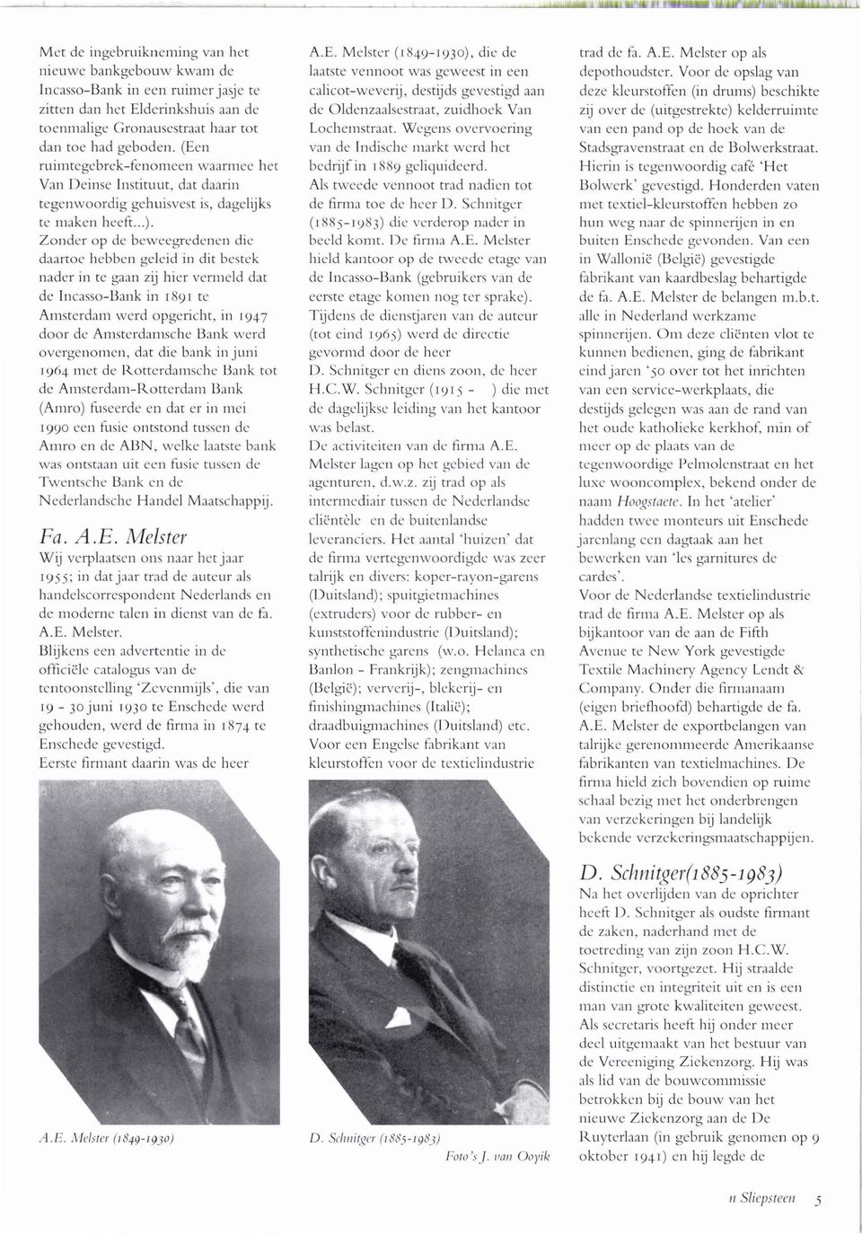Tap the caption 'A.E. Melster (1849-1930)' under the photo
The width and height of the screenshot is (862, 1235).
pyautogui.click(x=120, y=1136)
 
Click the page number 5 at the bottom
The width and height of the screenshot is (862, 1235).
pyautogui.click(x=819, y=1198)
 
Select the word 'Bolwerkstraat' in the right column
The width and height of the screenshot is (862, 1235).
pyautogui.click(x=775, y=146)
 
